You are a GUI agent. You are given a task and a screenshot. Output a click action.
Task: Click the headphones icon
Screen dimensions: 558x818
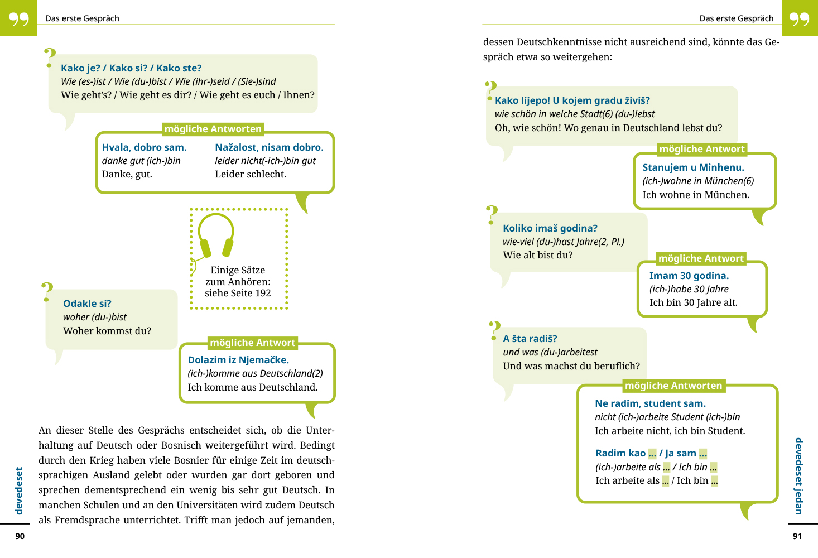tap(216, 235)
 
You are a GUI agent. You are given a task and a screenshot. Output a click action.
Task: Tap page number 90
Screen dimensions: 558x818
tap(20, 536)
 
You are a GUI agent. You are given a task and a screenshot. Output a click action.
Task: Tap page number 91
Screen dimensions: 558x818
tap(797, 536)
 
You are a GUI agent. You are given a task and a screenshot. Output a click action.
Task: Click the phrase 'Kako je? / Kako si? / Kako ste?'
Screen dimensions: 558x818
tap(131, 68)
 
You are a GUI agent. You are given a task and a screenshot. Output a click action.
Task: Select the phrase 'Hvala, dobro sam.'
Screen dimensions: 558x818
tap(144, 147)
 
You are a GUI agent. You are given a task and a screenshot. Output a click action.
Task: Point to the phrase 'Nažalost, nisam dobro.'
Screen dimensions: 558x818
tap(269, 147)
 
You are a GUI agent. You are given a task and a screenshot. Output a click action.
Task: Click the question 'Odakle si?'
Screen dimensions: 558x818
tap(87, 304)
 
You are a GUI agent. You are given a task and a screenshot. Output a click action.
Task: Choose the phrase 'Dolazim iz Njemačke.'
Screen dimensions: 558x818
tap(238, 360)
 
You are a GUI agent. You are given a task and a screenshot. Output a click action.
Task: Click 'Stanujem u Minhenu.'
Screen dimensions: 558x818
tap(693, 167)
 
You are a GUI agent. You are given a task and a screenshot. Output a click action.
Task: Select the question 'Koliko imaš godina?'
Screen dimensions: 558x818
tap(550, 228)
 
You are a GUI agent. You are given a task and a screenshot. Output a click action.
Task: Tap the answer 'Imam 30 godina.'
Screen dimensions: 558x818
tap(689, 276)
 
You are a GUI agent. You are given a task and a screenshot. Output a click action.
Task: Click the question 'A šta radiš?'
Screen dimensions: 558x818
tap(530, 339)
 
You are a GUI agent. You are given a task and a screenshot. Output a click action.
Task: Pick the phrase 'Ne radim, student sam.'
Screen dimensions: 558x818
tap(650, 403)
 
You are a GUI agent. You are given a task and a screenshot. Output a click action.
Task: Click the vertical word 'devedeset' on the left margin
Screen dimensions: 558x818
tap(19, 490)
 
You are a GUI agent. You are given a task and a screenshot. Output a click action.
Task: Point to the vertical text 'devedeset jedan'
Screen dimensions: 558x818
tap(798, 475)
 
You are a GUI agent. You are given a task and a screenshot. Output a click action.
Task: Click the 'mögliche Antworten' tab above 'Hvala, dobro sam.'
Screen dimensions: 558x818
tap(213, 129)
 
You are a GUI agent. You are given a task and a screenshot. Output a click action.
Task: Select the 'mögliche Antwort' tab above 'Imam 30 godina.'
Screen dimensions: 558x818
tap(701, 258)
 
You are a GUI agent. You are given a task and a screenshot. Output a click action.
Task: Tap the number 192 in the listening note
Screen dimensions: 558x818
tap(263, 293)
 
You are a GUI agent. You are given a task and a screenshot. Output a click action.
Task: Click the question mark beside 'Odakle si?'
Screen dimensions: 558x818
tap(47, 292)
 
